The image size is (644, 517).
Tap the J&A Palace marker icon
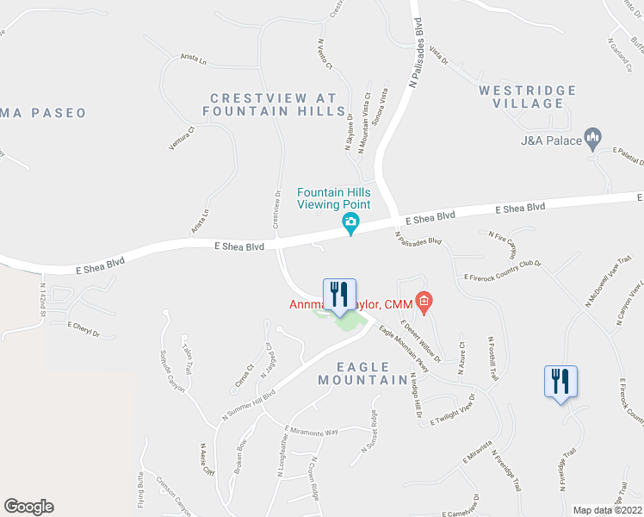[591, 137]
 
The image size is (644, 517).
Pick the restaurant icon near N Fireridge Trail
[560, 381]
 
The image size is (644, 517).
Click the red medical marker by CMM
[423, 302]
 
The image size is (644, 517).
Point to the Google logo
[28, 507]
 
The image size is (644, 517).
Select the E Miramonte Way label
[311, 431]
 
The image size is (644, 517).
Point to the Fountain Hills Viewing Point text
[334, 198]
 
